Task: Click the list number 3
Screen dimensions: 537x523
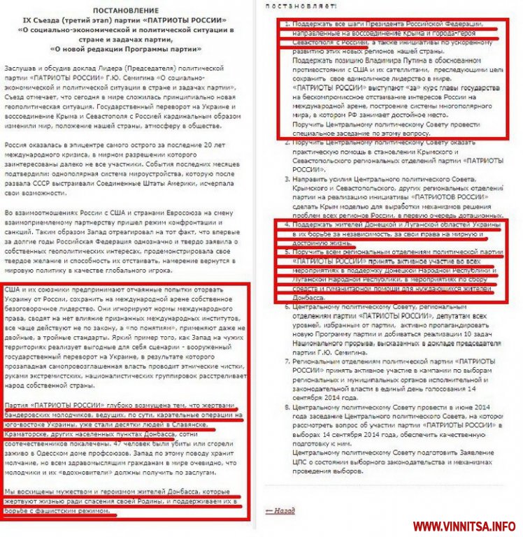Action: pyautogui.click(x=286, y=178)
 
